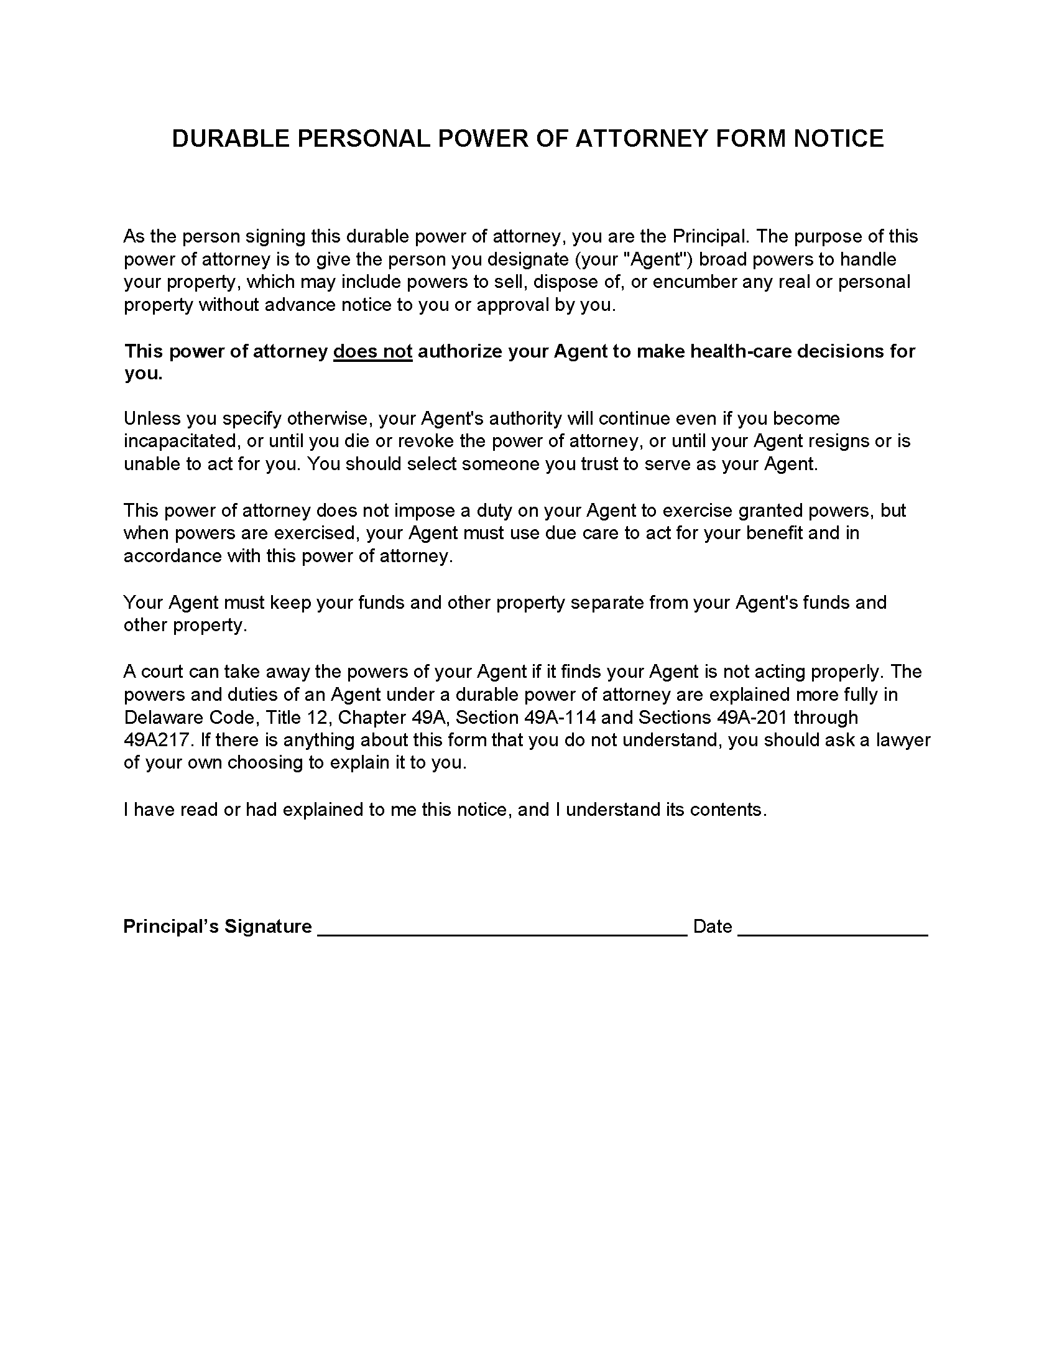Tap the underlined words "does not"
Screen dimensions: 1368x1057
372,351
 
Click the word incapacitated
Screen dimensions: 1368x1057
182,441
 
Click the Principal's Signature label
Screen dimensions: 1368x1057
217,927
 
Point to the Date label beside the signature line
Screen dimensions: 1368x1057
713,927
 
